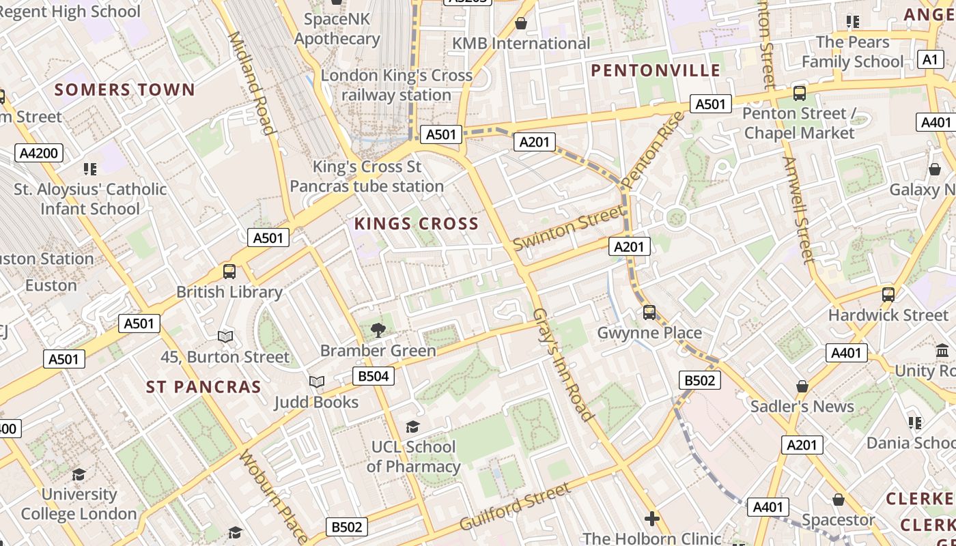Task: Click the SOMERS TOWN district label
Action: point(124,89)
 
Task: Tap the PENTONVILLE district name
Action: point(656,70)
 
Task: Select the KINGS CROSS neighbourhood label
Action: point(416,224)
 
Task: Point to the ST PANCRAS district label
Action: point(203,387)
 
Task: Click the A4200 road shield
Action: point(38,153)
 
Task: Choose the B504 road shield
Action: point(374,375)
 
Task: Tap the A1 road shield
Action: point(930,59)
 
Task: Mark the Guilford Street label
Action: point(515,506)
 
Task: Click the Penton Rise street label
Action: point(653,149)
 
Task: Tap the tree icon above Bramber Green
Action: point(378,331)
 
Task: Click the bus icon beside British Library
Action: point(229,272)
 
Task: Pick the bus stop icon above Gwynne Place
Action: point(649,313)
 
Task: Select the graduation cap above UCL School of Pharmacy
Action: point(412,427)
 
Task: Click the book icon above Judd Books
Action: point(316,382)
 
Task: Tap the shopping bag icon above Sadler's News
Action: point(802,386)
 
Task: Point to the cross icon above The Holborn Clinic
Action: point(652,519)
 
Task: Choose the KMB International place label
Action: point(521,44)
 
